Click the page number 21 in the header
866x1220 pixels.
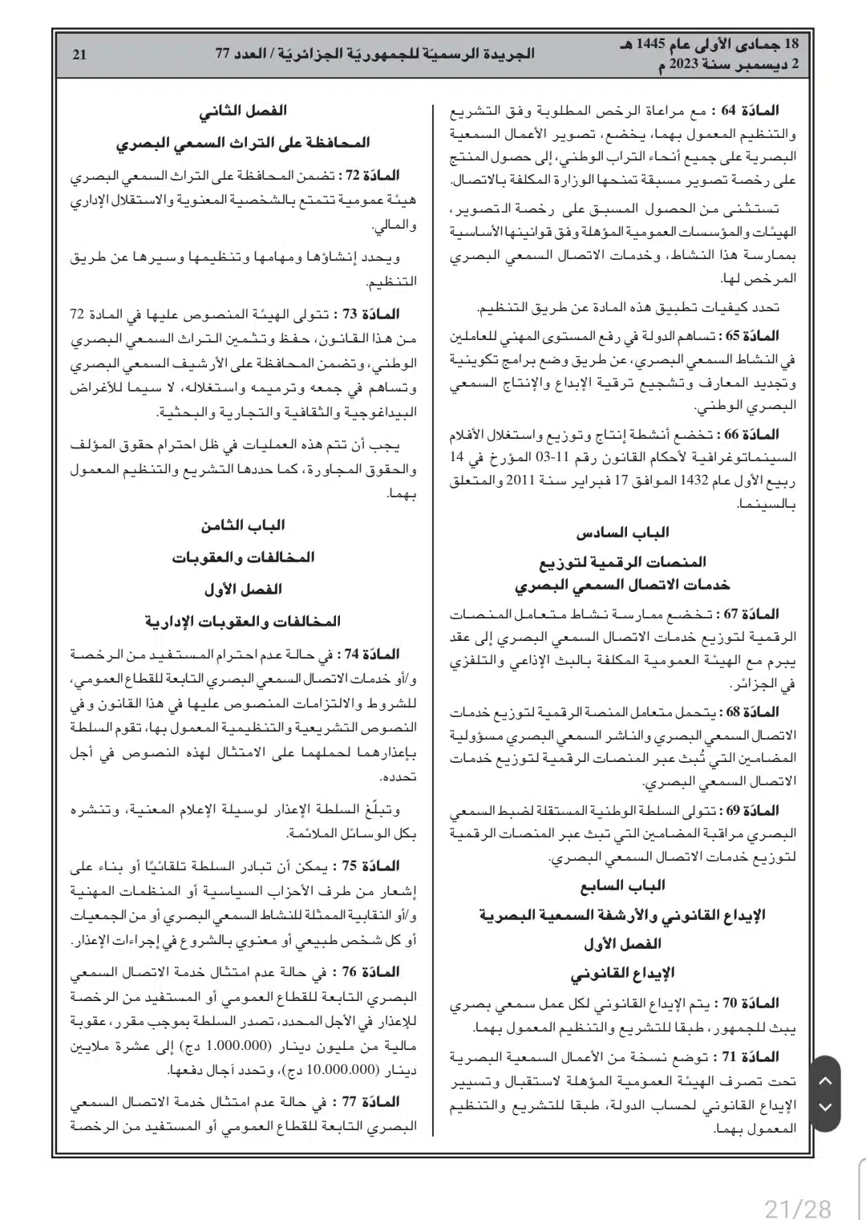(79, 55)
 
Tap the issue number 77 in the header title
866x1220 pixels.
(222, 55)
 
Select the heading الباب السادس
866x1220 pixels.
(622, 532)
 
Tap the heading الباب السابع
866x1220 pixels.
(622, 886)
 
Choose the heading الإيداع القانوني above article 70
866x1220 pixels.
(622, 973)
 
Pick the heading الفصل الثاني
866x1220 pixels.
(243, 111)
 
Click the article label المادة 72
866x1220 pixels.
(371, 175)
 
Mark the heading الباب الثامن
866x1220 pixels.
(243, 525)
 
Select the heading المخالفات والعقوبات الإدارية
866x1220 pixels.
(243, 621)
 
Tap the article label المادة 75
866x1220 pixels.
(371, 866)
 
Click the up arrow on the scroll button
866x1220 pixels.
(825, 1080)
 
